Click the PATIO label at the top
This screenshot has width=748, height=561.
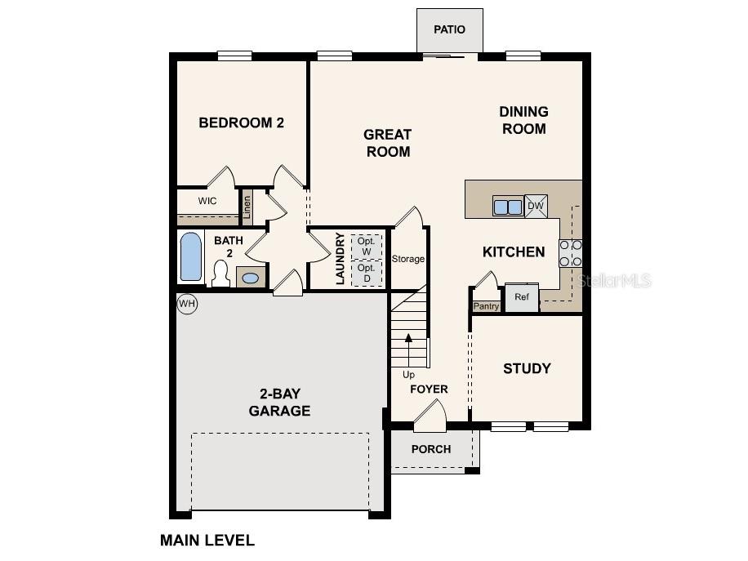click(449, 29)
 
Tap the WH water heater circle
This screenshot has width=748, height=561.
click(187, 304)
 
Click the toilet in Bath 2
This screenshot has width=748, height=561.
click(220, 274)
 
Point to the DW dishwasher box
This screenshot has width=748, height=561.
click(536, 206)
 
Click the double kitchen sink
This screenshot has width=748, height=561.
click(507, 207)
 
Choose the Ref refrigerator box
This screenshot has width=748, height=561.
click(521, 298)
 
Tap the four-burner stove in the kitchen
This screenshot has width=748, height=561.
click(571, 253)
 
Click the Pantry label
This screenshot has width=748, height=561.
click(486, 306)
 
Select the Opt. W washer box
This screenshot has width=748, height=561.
click(367, 247)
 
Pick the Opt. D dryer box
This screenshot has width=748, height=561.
click(367, 273)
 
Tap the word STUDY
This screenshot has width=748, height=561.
click(527, 368)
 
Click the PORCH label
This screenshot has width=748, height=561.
click(431, 449)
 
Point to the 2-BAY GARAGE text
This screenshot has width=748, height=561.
click(279, 403)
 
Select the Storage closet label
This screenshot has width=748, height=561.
click(407, 259)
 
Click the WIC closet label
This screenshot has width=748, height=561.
click(207, 201)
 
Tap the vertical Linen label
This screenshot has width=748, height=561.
click(247, 207)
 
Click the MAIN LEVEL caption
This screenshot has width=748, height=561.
click(207, 540)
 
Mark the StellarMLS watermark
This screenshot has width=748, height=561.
click(613, 281)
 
